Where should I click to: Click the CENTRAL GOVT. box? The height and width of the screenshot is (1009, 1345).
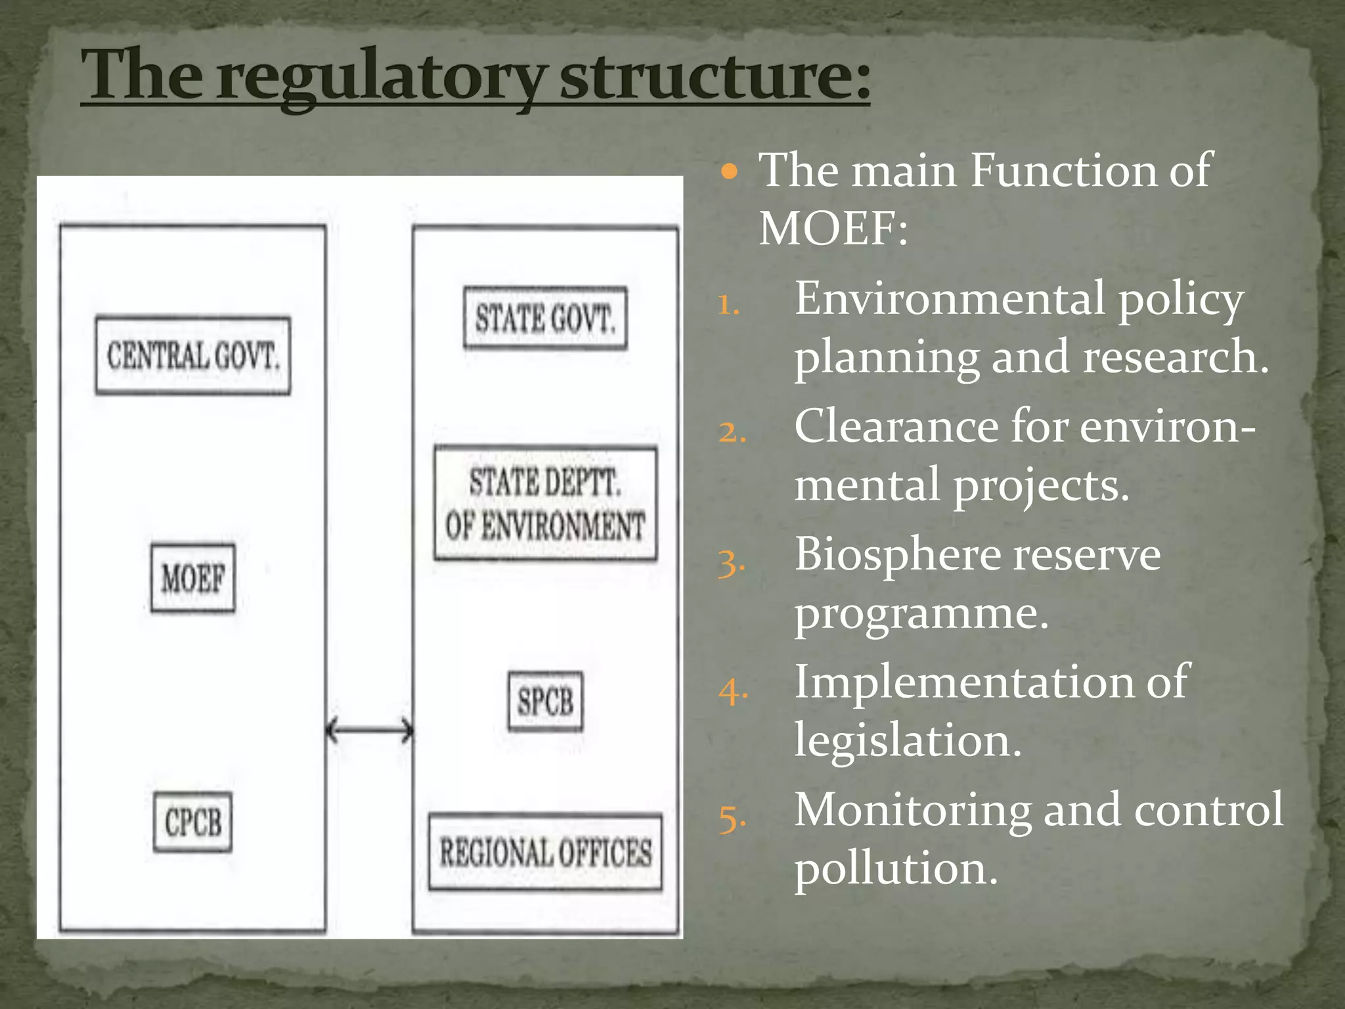coord(192,355)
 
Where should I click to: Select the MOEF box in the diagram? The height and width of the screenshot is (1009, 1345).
coord(192,578)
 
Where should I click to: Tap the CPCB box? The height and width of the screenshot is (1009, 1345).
coord(192,822)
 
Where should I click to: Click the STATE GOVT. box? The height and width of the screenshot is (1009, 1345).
coord(545,318)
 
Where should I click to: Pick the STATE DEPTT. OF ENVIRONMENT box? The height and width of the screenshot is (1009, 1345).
coord(545,503)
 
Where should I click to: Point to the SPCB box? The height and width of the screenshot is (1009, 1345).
coord(545,701)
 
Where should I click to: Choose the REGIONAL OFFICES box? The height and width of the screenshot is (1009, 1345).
coord(545,853)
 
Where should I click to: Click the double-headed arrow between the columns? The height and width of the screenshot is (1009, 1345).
coord(370,730)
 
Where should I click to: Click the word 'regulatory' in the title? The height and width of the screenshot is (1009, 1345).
coord(381,78)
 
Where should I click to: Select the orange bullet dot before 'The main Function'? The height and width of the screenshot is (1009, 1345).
coord(729,173)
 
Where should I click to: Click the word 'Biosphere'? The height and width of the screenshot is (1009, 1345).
coord(896,555)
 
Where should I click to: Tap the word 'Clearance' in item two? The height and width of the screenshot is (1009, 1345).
coord(896,427)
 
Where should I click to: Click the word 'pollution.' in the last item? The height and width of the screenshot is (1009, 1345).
coord(896,869)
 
